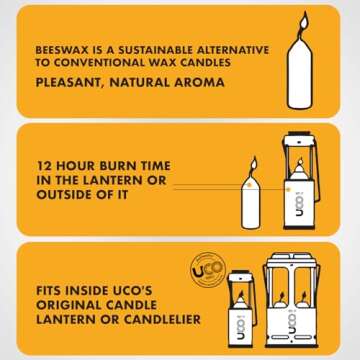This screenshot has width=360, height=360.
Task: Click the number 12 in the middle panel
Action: coord(44,163)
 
